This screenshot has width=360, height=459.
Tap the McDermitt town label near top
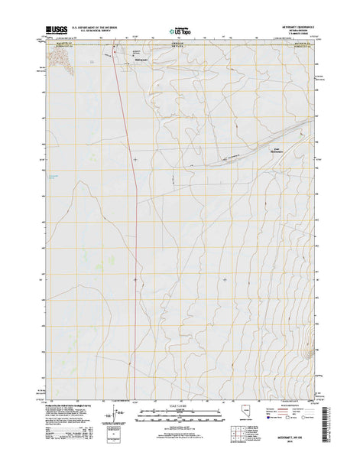(142, 57)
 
